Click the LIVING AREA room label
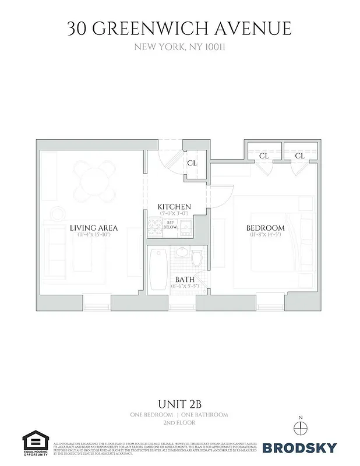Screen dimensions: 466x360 tap(94, 228)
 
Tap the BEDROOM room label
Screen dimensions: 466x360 tap(265, 228)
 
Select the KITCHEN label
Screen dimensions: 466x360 tap(174, 207)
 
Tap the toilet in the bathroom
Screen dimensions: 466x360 tap(196, 258)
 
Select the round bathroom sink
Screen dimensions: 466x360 tap(182, 253)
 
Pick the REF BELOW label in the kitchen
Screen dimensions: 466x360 tap(171, 225)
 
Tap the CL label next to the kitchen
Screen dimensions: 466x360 tap(192, 163)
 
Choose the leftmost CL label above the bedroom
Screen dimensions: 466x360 tap(263, 156)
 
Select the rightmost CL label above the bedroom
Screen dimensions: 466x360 tap(299, 156)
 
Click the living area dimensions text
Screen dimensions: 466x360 tap(94, 235)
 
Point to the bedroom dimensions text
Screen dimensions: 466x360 tap(265, 235)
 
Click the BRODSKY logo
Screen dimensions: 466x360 tap(299, 448)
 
